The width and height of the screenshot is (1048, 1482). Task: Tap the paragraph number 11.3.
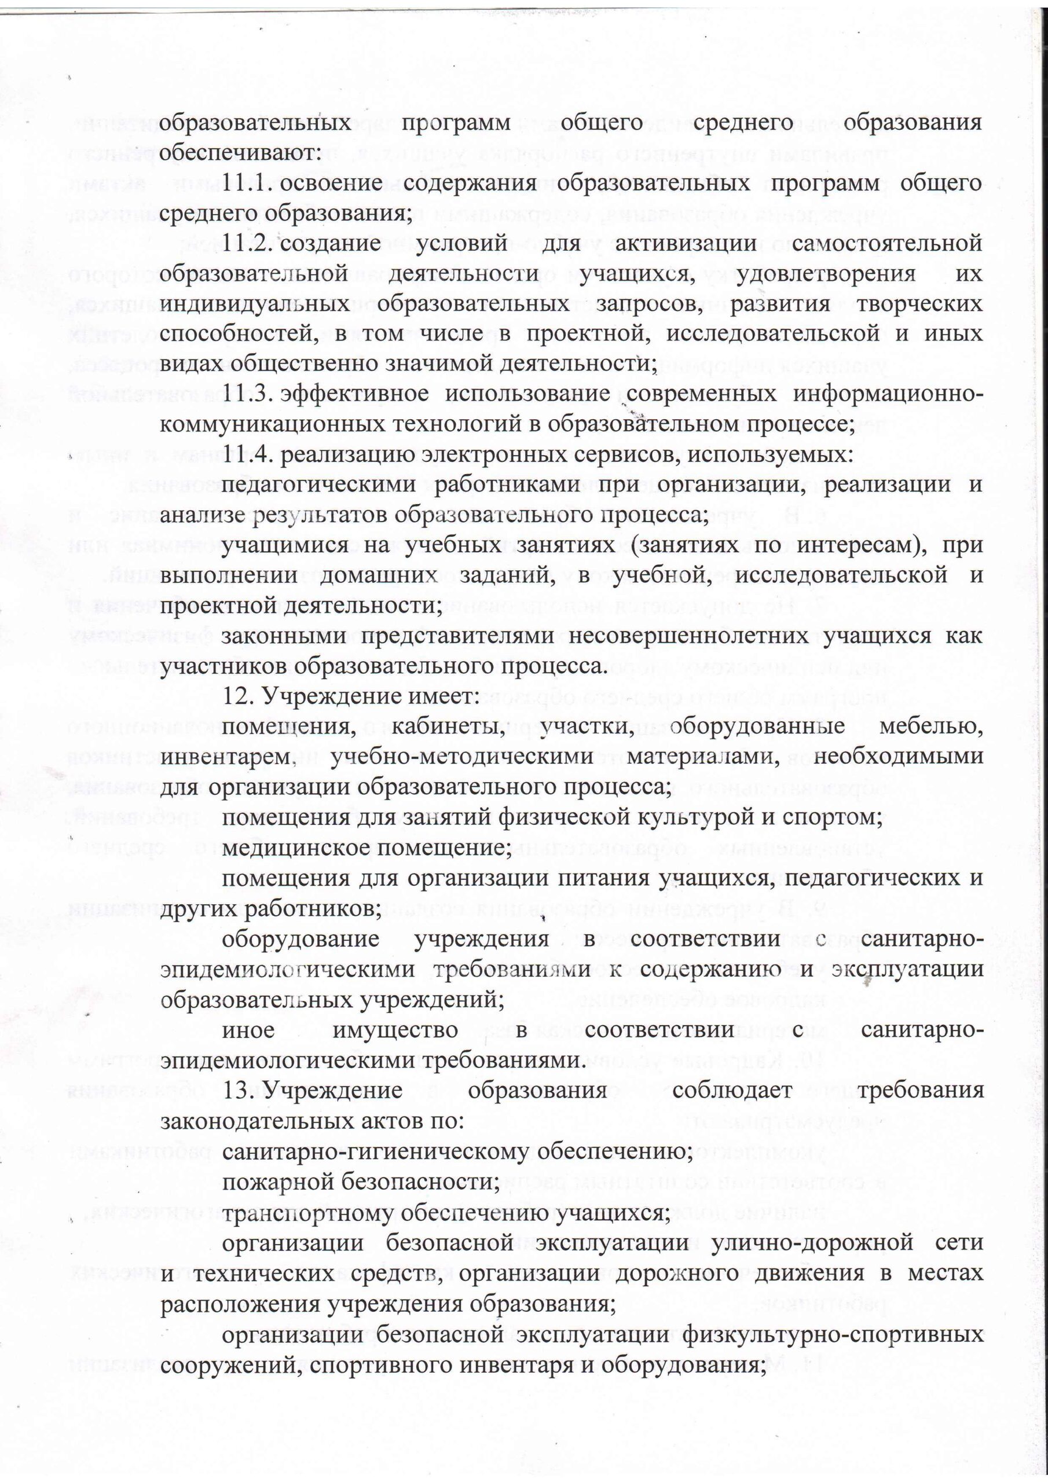(246, 394)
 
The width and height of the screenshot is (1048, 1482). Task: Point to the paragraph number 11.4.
(246, 454)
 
